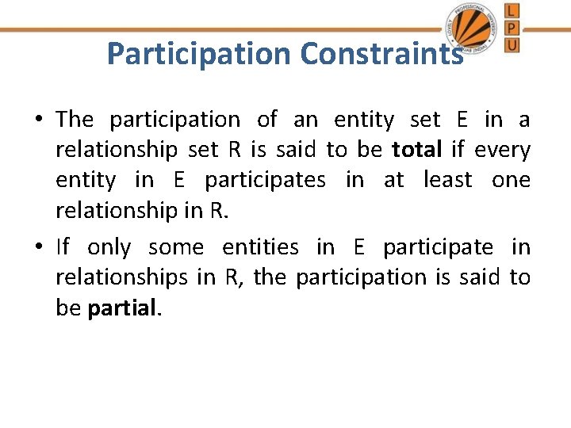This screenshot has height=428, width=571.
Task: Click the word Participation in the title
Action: [x=199, y=54]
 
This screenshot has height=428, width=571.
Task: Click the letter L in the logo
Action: [x=512, y=10]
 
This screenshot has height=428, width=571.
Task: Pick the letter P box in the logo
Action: [x=512, y=28]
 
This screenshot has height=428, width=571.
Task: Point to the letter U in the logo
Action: [x=512, y=45]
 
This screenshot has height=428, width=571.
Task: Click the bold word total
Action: [x=416, y=150]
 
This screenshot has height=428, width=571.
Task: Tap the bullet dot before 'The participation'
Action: [x=38, y=120]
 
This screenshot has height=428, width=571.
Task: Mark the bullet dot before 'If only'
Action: [x=38, y=248]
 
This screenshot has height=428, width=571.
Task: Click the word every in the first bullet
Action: [x=503, y=150]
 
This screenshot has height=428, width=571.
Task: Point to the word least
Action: [x=448, y=180]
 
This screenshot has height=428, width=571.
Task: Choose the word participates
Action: [x=265, y=180]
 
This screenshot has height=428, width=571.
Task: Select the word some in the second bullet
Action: [x=175, y=247]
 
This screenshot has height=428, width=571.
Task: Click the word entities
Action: [x=260, y=247]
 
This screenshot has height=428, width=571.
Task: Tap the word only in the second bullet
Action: [x=109, y=247]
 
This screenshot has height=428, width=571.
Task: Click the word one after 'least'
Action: [x=511, y=180]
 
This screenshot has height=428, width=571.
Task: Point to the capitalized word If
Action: [x=63, y=247]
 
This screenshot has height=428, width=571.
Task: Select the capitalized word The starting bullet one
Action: [x=75, y=120]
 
